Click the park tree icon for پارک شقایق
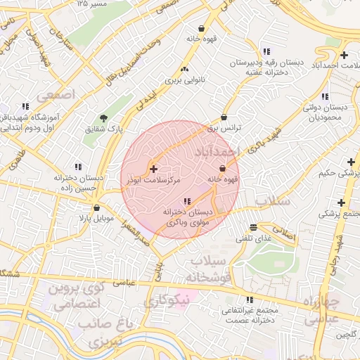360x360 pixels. (x=104, y=117)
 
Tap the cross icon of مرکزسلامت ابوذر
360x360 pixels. (x=153, y=169)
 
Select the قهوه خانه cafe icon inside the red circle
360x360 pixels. (x=223, y=169)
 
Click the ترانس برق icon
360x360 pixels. (x=224, y=117)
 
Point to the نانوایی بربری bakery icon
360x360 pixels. (x=185, y=70)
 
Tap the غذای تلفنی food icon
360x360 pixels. (x=253, y=227)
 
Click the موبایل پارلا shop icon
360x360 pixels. (x=96, y=208)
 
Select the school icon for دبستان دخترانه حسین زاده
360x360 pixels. (x=77, y=167)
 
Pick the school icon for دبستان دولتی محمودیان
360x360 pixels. (x=324, y=96)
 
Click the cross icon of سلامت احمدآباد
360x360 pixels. (x=343, y=55)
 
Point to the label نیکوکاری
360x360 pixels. (x=167, y=302)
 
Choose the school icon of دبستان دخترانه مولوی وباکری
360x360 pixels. (x=186, y=201)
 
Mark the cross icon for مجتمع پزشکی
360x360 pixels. (x=341, y=202)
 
